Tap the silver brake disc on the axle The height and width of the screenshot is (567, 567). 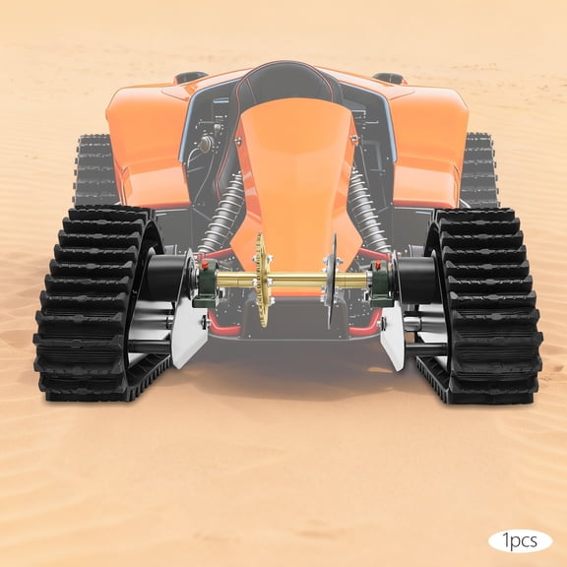(x=332, y=281)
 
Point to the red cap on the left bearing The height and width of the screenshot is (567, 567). (x=206, y=263)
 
